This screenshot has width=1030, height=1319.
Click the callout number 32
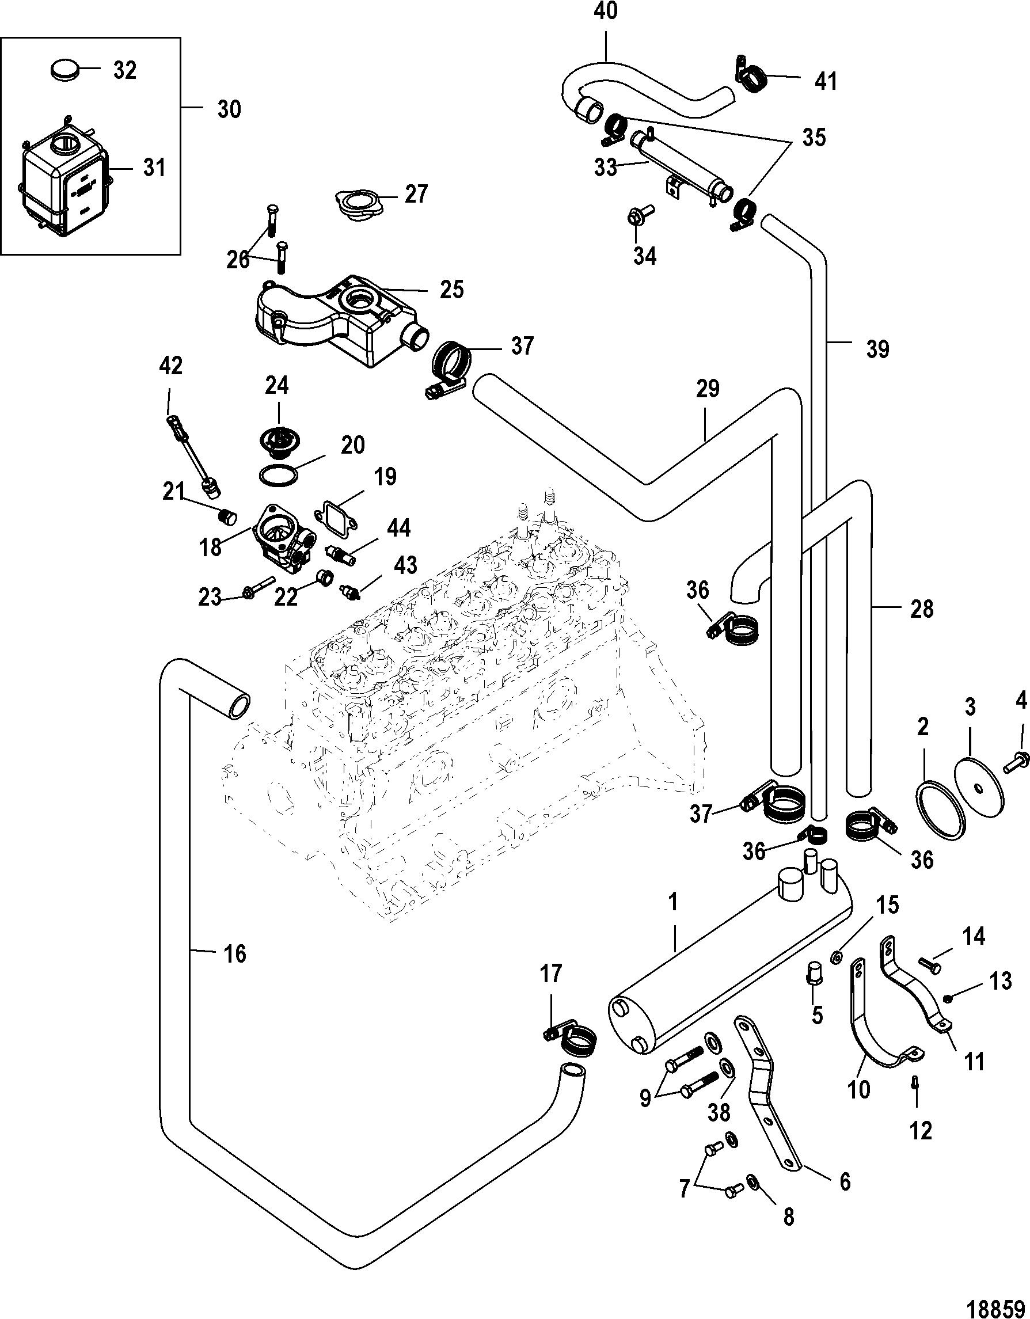pos(125,71)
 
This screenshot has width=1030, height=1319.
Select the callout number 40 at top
pos(606,12)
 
